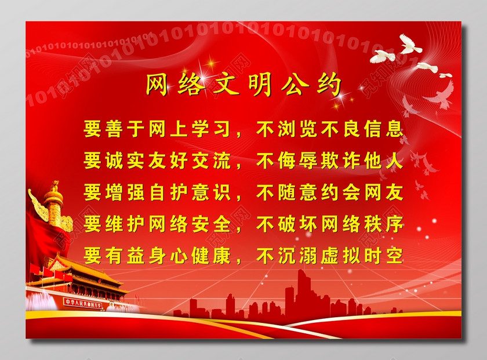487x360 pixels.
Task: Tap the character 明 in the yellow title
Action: pos(260,85)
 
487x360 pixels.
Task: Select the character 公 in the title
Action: pos(295,85)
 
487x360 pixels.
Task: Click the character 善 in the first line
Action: pos(114,129)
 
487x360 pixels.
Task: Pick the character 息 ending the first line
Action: pos(394,129)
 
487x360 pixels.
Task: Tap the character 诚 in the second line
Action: pos(114,161)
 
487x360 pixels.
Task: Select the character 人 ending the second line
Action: pos(394,161)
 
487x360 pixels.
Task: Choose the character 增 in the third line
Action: pos(114,192)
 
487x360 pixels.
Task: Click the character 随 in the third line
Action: pos(286,192)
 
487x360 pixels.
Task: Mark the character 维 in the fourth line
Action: pos(114,224)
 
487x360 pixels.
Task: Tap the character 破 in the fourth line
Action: pos(286,224)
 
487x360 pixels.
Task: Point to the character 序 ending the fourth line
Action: pos(394,224)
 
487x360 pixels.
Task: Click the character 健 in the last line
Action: pos(200,256)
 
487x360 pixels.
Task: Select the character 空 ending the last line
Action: pos(394,256)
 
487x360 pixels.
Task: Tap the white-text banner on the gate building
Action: pos(83,303)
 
